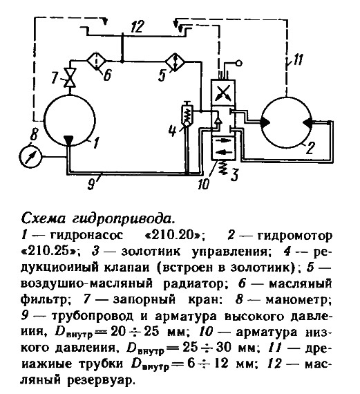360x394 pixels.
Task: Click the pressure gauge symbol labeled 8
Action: point(30,156)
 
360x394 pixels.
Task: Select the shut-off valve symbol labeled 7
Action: point(70,77)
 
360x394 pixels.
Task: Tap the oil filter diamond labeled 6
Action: point(97,61)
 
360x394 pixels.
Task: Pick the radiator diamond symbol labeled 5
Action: point(175,62)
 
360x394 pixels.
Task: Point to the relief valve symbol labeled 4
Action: point(187,113)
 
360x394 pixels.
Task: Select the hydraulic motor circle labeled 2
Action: point(286,122)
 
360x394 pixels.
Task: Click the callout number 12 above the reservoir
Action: point(138,26)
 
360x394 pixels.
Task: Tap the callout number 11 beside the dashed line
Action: point(298,60)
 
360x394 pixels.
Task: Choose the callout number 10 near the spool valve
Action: point(203,184)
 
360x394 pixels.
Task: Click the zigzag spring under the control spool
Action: point(222,167)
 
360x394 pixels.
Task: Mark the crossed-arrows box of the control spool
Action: point(223,92)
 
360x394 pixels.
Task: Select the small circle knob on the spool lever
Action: point(238,63)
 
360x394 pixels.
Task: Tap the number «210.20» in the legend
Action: point(173,236)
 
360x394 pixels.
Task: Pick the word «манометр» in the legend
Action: point(296,300)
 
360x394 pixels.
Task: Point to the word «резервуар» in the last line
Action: point(100,379)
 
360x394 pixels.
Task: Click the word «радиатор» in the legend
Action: point(192,283)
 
